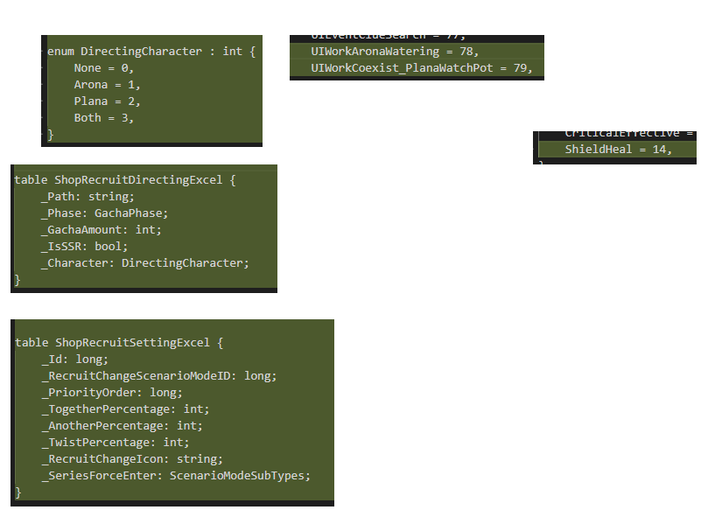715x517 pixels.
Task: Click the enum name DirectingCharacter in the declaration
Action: [141, 52]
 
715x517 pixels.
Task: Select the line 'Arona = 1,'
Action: [107, 85]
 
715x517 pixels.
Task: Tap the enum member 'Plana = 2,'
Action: [107, 101]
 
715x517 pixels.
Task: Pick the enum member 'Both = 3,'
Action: [103, 118]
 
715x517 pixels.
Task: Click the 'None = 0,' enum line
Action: [103, 68]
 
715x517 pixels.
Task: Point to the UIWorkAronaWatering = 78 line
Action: [395, 52]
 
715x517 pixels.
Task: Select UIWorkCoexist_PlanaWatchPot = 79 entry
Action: [420, 68]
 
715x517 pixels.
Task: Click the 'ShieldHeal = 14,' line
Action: [618, 150]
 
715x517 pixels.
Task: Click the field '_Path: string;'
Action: [88, 197]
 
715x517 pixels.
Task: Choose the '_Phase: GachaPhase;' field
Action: [104, 213]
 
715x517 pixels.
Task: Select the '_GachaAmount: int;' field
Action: [101, 230]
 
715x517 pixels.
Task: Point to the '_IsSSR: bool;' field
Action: [84, 247]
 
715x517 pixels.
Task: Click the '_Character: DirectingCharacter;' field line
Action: [144, 263]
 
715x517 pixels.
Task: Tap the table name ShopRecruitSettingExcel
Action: [131, 343]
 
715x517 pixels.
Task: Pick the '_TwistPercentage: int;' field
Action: [115, 443]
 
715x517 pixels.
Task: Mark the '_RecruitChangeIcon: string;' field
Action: [131, 459]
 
